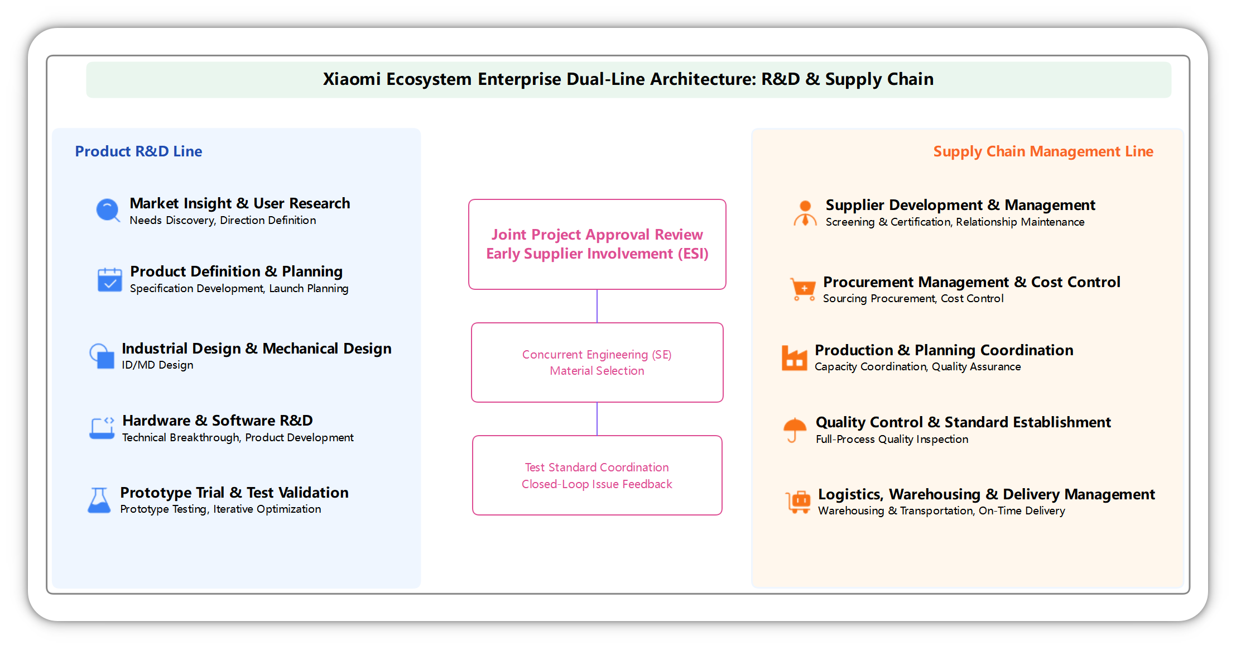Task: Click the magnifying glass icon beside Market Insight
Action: (108, 211)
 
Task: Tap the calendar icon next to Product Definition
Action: (109, 280)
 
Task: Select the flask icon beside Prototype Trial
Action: (99, 500)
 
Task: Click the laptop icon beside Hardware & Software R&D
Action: (102, 428)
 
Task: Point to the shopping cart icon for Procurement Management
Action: (803, 289)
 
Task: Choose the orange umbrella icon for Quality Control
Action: (795, 430)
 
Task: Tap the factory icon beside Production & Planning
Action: (794, 358)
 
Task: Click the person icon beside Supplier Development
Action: (805, 213)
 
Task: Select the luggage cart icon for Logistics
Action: (798, 502)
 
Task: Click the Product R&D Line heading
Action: (138, 151)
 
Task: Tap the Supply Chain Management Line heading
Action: (1042, 151)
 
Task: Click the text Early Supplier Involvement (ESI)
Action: (597, 254)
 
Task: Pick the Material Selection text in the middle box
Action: (597, 371)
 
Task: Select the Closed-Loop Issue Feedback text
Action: (597, 484)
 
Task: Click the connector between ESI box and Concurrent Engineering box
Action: (597, 306)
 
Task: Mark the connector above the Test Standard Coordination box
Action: (597, 418)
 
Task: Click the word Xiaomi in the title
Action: (352, 79)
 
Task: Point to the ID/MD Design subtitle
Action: (157, 365)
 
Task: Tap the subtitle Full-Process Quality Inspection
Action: (891, 440)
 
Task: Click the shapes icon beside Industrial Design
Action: (102, 356)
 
